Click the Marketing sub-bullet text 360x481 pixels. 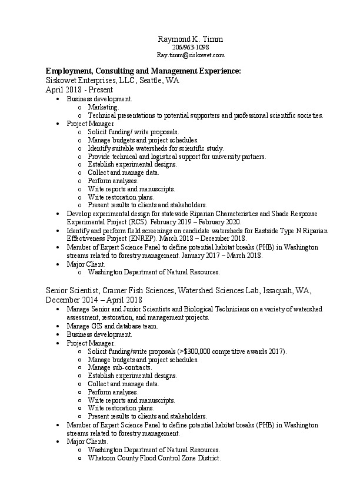click(x=103, y=108)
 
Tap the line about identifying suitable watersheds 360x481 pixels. click(x=155, y=148)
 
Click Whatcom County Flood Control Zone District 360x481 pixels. click(x=154, y=457)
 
